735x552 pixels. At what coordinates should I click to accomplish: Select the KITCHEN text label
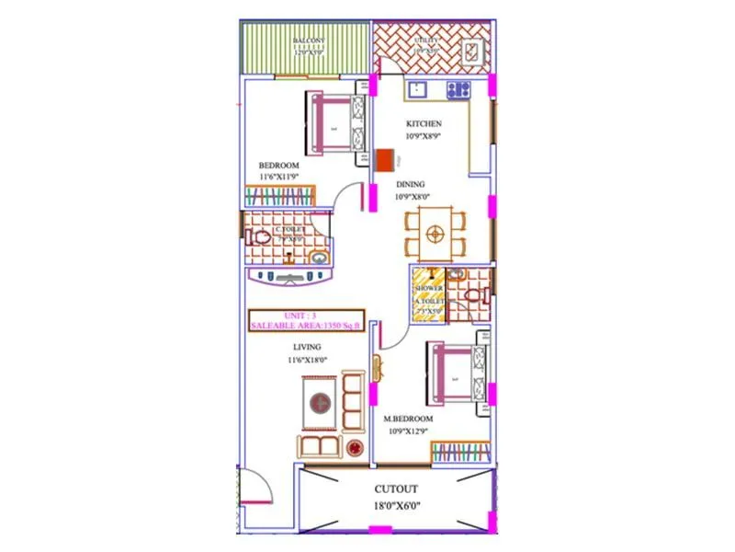424,123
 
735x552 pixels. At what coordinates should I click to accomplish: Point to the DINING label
410,184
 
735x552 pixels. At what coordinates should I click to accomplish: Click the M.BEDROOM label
408,419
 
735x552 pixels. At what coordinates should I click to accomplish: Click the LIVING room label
307,347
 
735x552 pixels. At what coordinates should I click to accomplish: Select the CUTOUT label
395,489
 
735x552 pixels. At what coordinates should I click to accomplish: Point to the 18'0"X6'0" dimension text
395,505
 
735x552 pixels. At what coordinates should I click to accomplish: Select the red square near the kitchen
381,158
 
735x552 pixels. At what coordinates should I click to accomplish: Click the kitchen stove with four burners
458,90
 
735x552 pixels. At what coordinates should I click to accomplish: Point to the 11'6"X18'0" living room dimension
307,361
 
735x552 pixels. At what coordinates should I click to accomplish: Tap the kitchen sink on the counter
417,90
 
